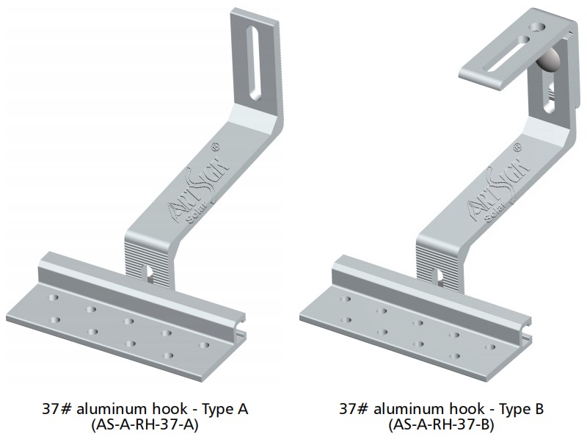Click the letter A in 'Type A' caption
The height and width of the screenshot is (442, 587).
243,408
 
